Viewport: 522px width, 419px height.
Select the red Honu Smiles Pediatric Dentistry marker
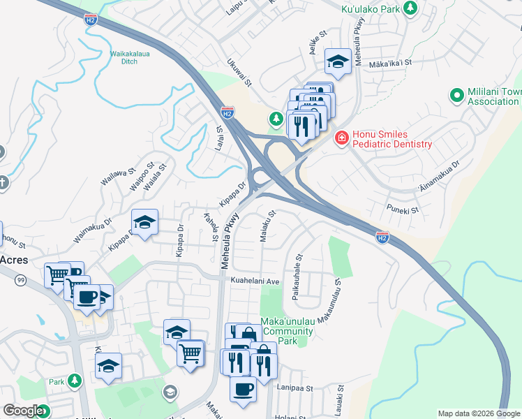click(341, 138)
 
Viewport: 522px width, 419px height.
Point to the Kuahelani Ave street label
click(255, 281)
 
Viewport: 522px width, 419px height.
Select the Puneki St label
click(403, 209)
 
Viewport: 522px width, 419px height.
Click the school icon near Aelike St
click(337, 62)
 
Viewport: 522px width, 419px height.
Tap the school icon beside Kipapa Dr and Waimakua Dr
click(144, 223)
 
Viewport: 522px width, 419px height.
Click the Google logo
click(23, 411)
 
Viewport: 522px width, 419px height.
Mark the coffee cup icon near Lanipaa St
click(243, 389)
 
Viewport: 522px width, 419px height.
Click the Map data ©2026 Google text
click(479, 413)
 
